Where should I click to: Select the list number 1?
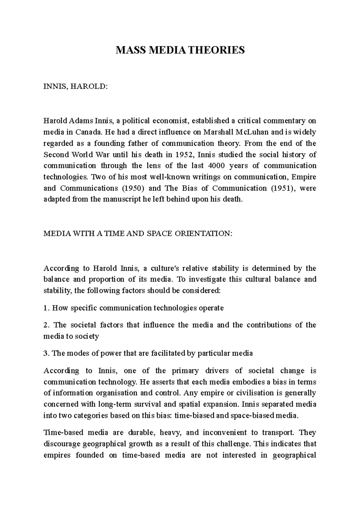pos(46,308)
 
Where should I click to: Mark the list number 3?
pos(46,353)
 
